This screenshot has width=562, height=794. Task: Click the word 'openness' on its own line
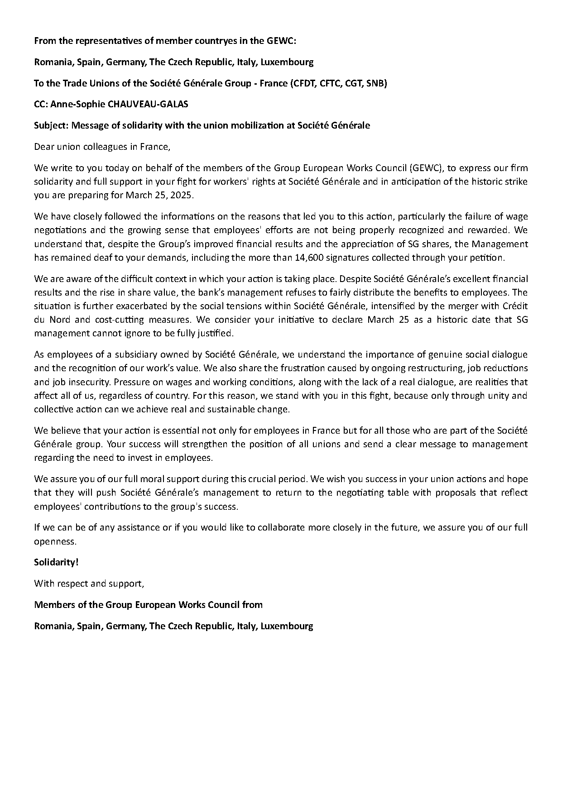(x=54, y=541)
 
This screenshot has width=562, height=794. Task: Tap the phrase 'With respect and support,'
(x=89, y=584)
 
